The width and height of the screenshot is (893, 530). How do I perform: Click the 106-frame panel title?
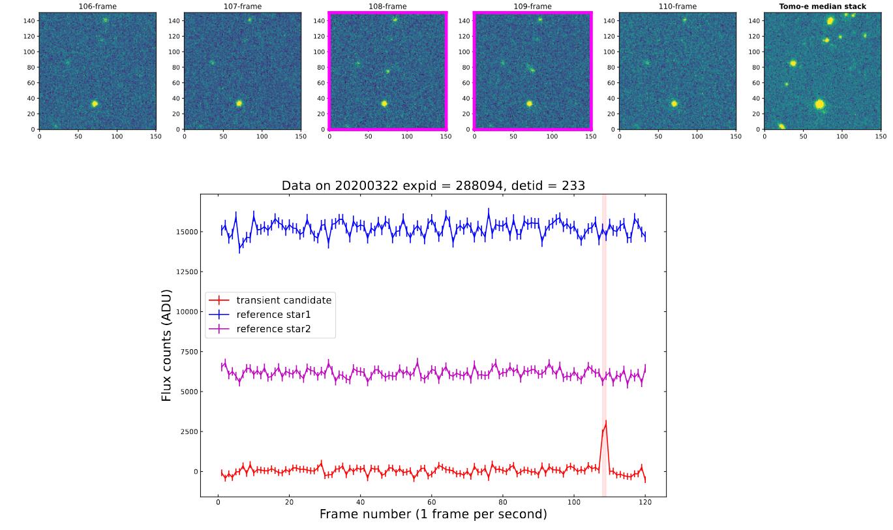[x=97, y=7]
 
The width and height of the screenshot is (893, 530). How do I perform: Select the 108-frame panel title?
[x=387, y=7]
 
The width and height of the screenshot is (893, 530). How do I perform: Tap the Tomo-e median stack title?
[x=822, y=7]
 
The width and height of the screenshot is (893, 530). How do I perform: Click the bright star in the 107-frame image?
[x=239, y=103]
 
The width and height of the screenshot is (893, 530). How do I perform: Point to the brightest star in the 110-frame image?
[x=674, y=103]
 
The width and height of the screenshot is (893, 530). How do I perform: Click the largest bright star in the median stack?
[x=819, y=104]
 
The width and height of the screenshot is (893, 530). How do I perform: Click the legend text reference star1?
[x=274, y=315]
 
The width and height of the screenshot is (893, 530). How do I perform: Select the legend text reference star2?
[x=274, y=329]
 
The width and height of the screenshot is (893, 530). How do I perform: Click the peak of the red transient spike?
[x=606, y=422]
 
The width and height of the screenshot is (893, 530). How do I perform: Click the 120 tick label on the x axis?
[x=645, y=503]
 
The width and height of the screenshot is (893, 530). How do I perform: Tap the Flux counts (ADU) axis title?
[x=167, y=345]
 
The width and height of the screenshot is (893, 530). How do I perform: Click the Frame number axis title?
[x=433, y=514]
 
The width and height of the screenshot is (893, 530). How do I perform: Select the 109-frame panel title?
[x=532, y=7]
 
